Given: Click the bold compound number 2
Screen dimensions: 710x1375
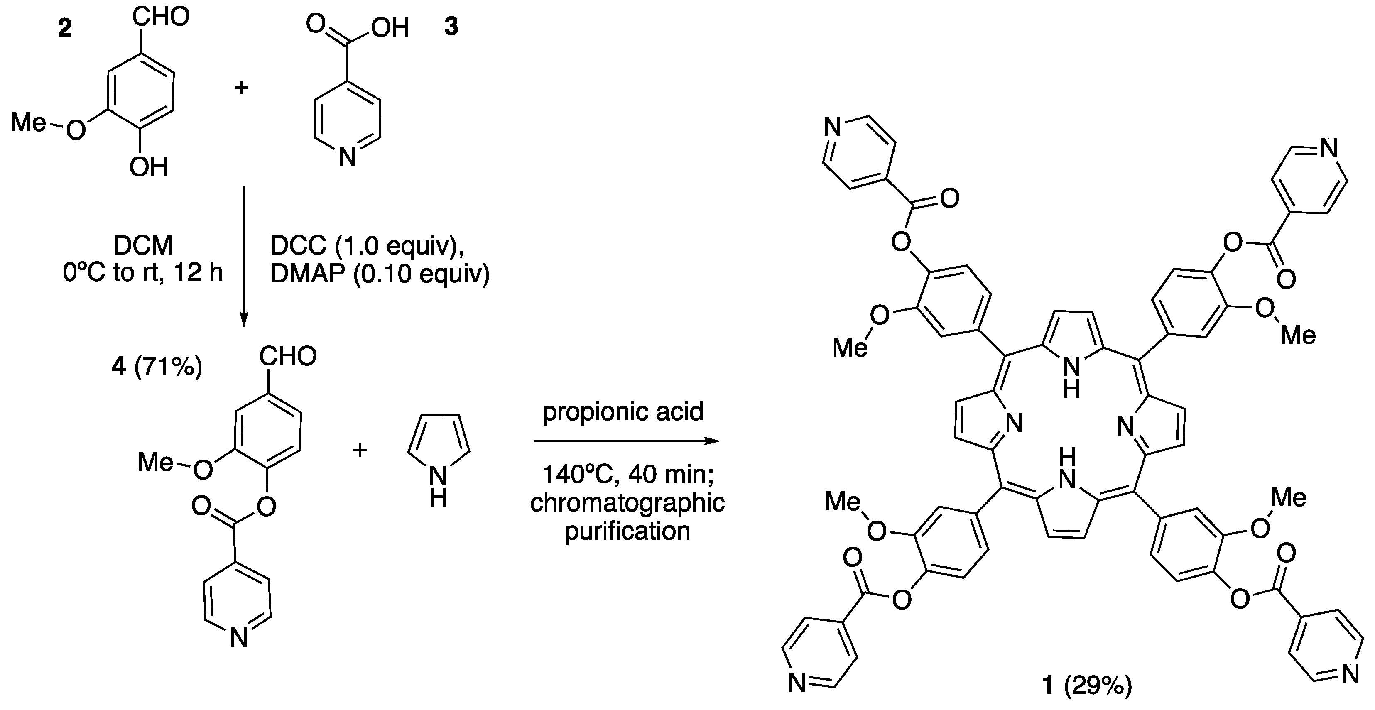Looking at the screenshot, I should click(x=65, y=28).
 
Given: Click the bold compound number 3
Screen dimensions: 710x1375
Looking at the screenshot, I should click(x=451, y=26).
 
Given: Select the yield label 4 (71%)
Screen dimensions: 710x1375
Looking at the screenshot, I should click(x=157, y=367).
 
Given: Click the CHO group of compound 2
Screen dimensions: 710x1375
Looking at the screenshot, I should click(x=161, y=17).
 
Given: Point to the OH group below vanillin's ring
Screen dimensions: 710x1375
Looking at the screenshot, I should click(x=148, y=167).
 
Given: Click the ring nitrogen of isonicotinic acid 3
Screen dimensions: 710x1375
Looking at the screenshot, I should click(x=348, y=157).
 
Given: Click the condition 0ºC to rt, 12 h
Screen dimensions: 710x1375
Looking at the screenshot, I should click(x=142, y=273).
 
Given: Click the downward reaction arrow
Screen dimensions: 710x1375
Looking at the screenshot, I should click(x=243, y=256).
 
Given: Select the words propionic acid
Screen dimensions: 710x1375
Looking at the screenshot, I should click(x=623, y=411).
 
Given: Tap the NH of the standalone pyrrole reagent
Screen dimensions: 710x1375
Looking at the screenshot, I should click(x=438, y=486).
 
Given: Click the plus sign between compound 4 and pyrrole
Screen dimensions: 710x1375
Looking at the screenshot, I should click(x=360, y=450).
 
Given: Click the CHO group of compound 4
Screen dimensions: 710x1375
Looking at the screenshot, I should click(x=288, y=356).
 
